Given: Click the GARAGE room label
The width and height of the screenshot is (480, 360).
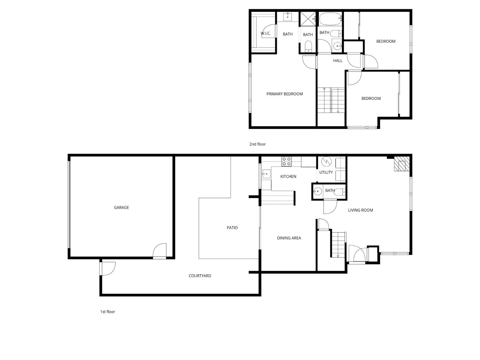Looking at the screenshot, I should [x=121, y=207].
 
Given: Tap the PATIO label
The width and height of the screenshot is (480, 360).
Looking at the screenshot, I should [x=232, y=228].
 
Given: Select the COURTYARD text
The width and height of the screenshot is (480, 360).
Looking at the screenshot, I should [x=200, y=276].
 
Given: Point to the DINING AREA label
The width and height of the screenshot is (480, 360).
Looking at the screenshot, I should [x=289, y=238].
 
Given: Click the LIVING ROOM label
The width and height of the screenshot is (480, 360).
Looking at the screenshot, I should [x=360, y=210].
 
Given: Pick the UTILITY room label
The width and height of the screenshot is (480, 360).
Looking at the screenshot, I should [x=326, y=172].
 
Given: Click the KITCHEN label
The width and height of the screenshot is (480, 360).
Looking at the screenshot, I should [x=288, y=176].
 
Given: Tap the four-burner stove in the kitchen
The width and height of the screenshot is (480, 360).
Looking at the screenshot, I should [x=286, y=161].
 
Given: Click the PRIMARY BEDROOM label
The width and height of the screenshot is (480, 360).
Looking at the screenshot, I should [x=284, y=94].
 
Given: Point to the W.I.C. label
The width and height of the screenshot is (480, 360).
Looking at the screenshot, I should [x=266, y=33].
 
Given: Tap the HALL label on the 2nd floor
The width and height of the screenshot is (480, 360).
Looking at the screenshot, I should [x=338, y=60].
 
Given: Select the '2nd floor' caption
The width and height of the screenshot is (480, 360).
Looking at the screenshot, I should [x=258, y=144].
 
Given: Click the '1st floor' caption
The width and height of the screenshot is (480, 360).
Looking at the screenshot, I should [x=108, y=311].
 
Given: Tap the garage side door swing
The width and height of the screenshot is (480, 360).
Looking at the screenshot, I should [x=160, y=251].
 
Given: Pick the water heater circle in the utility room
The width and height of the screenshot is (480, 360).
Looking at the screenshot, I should [x=326, y=161].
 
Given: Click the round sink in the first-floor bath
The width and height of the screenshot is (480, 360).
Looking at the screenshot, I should [x=317, y=192].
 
